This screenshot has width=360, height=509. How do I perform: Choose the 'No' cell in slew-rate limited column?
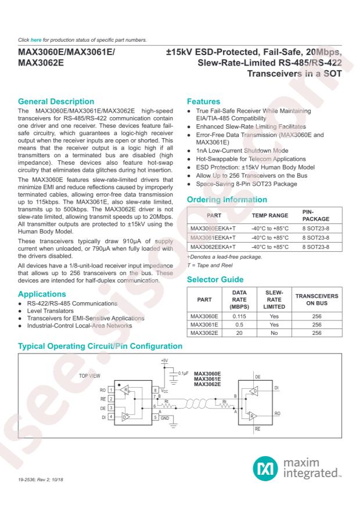coord(272,341)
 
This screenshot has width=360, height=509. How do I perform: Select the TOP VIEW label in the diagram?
coord(91,376)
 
